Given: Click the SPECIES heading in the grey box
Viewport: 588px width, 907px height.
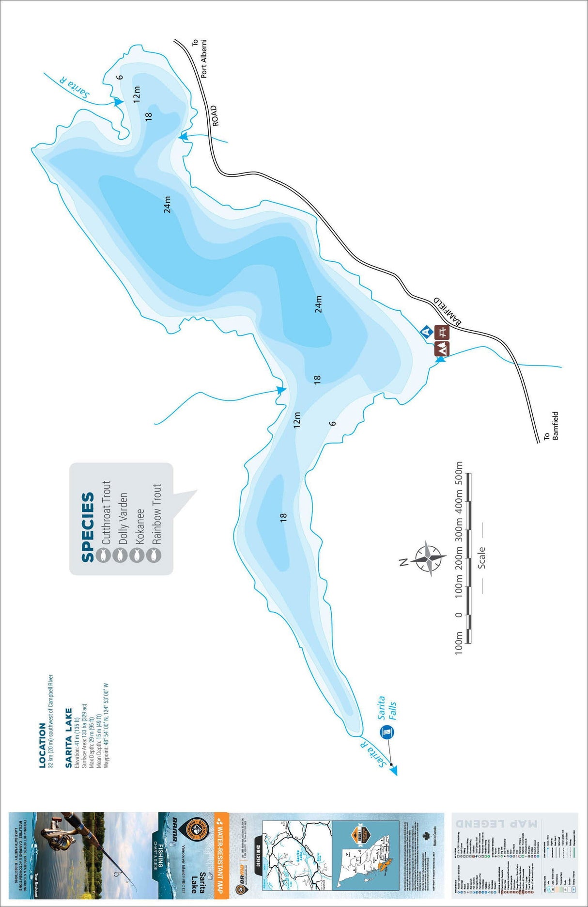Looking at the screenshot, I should click(88, 527).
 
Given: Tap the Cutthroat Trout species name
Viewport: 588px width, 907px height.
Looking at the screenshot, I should click(106, 512).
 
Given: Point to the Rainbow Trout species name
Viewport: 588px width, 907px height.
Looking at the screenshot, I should click(156, 514).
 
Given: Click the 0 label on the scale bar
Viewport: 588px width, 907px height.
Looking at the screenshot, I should click(458, 614).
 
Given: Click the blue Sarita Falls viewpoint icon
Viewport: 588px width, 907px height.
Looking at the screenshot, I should click(387, 732).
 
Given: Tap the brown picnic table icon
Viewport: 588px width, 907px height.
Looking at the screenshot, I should click(442, 332).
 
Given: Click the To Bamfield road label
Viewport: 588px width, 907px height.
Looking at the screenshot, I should click(551, 427).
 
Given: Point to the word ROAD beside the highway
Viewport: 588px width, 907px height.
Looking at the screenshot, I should click(214, 116).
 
